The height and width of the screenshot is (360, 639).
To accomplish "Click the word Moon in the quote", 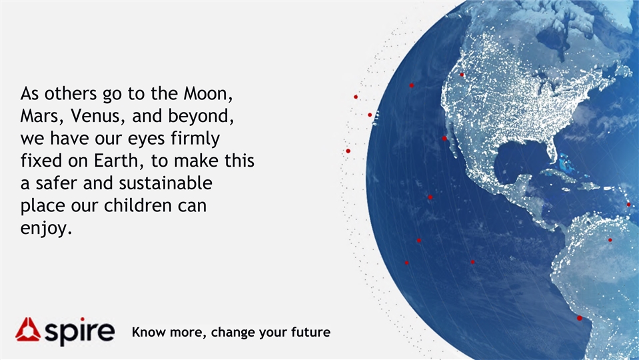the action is click(x=208, y=94).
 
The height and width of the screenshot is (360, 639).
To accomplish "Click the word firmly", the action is click(x=195, y=139).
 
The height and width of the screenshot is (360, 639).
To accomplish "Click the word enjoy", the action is click(x=46, y=228).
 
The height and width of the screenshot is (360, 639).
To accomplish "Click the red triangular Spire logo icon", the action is click(x=28, y=329).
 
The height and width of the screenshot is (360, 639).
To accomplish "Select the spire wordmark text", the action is click(x=79, y=331).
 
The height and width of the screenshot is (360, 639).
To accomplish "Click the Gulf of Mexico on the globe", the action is click(x=518, y=161).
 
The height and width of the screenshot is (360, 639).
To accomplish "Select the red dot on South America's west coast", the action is click(x=580, y=318).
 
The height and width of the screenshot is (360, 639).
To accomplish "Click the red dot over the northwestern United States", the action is click(x=462, y=75).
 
